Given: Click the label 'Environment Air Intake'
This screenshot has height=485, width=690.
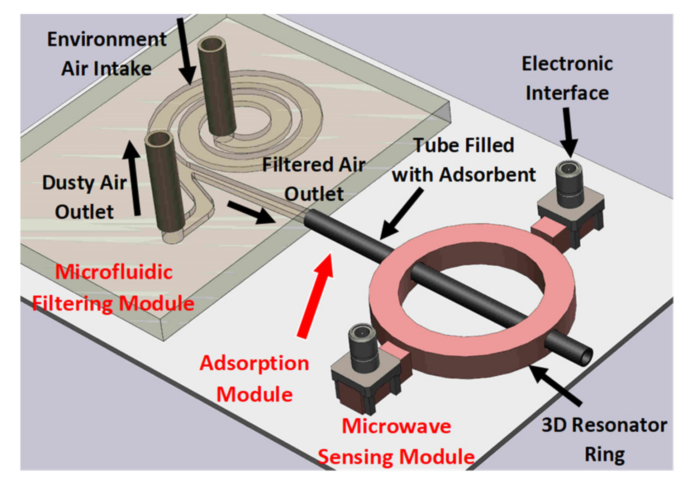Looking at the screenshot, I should (106, 54).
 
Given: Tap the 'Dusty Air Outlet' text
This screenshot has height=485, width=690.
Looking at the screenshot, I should (84, 197).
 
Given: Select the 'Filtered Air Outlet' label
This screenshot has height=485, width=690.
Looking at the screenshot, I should (314, 179).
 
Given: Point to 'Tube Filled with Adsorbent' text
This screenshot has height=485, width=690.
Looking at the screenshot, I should (463, 160).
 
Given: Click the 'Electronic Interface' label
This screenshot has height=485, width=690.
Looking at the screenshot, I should (567, 78).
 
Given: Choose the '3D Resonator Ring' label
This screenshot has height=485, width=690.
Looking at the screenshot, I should (604, 439).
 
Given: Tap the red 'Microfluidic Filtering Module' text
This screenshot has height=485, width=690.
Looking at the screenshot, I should (113, 287).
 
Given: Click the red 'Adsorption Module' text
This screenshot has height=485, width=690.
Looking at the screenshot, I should (254, 379).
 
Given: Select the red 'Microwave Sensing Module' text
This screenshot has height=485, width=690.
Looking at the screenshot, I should (396, 441).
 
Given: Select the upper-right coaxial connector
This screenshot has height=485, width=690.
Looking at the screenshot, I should (569, 185).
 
